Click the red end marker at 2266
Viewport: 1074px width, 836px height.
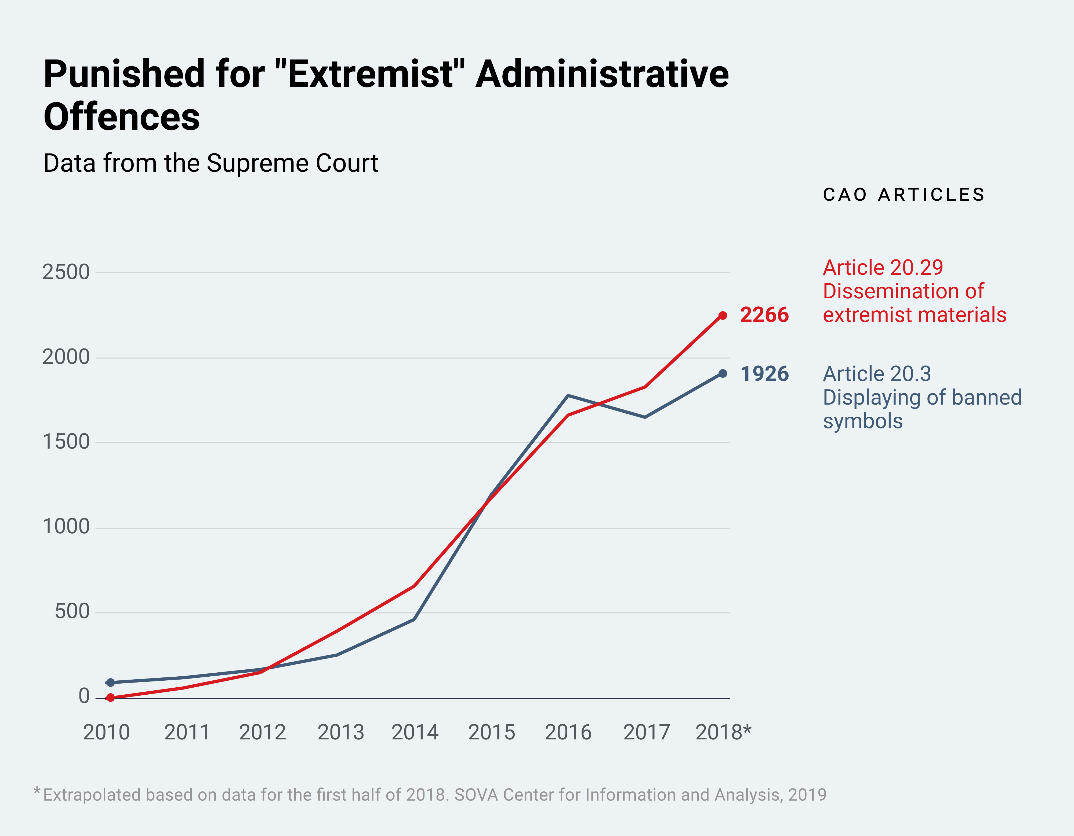click(x=722, y=316)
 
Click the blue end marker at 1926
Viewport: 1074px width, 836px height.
click(x=722, y=373)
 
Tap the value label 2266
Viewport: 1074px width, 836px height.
click(x=764, y=315)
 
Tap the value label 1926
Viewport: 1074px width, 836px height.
click(x=764, y=374)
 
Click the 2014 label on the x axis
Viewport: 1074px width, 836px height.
click(x=415, y=732)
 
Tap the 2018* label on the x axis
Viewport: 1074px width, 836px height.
click(x=723, y=732)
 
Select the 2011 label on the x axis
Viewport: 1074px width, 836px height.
click(x=187, y=732)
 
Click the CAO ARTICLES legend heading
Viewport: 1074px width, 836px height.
click(x=904, y=195)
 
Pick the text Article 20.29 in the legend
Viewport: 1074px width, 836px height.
click(x=883, y=268)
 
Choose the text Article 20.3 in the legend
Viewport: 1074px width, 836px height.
click(x=877, y=374)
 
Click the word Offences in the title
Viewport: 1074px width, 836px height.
click(x=121, y=117)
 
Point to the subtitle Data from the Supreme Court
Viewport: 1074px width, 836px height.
click(x=211, y=163)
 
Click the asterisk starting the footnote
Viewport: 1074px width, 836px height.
click(x=37, y=791)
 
